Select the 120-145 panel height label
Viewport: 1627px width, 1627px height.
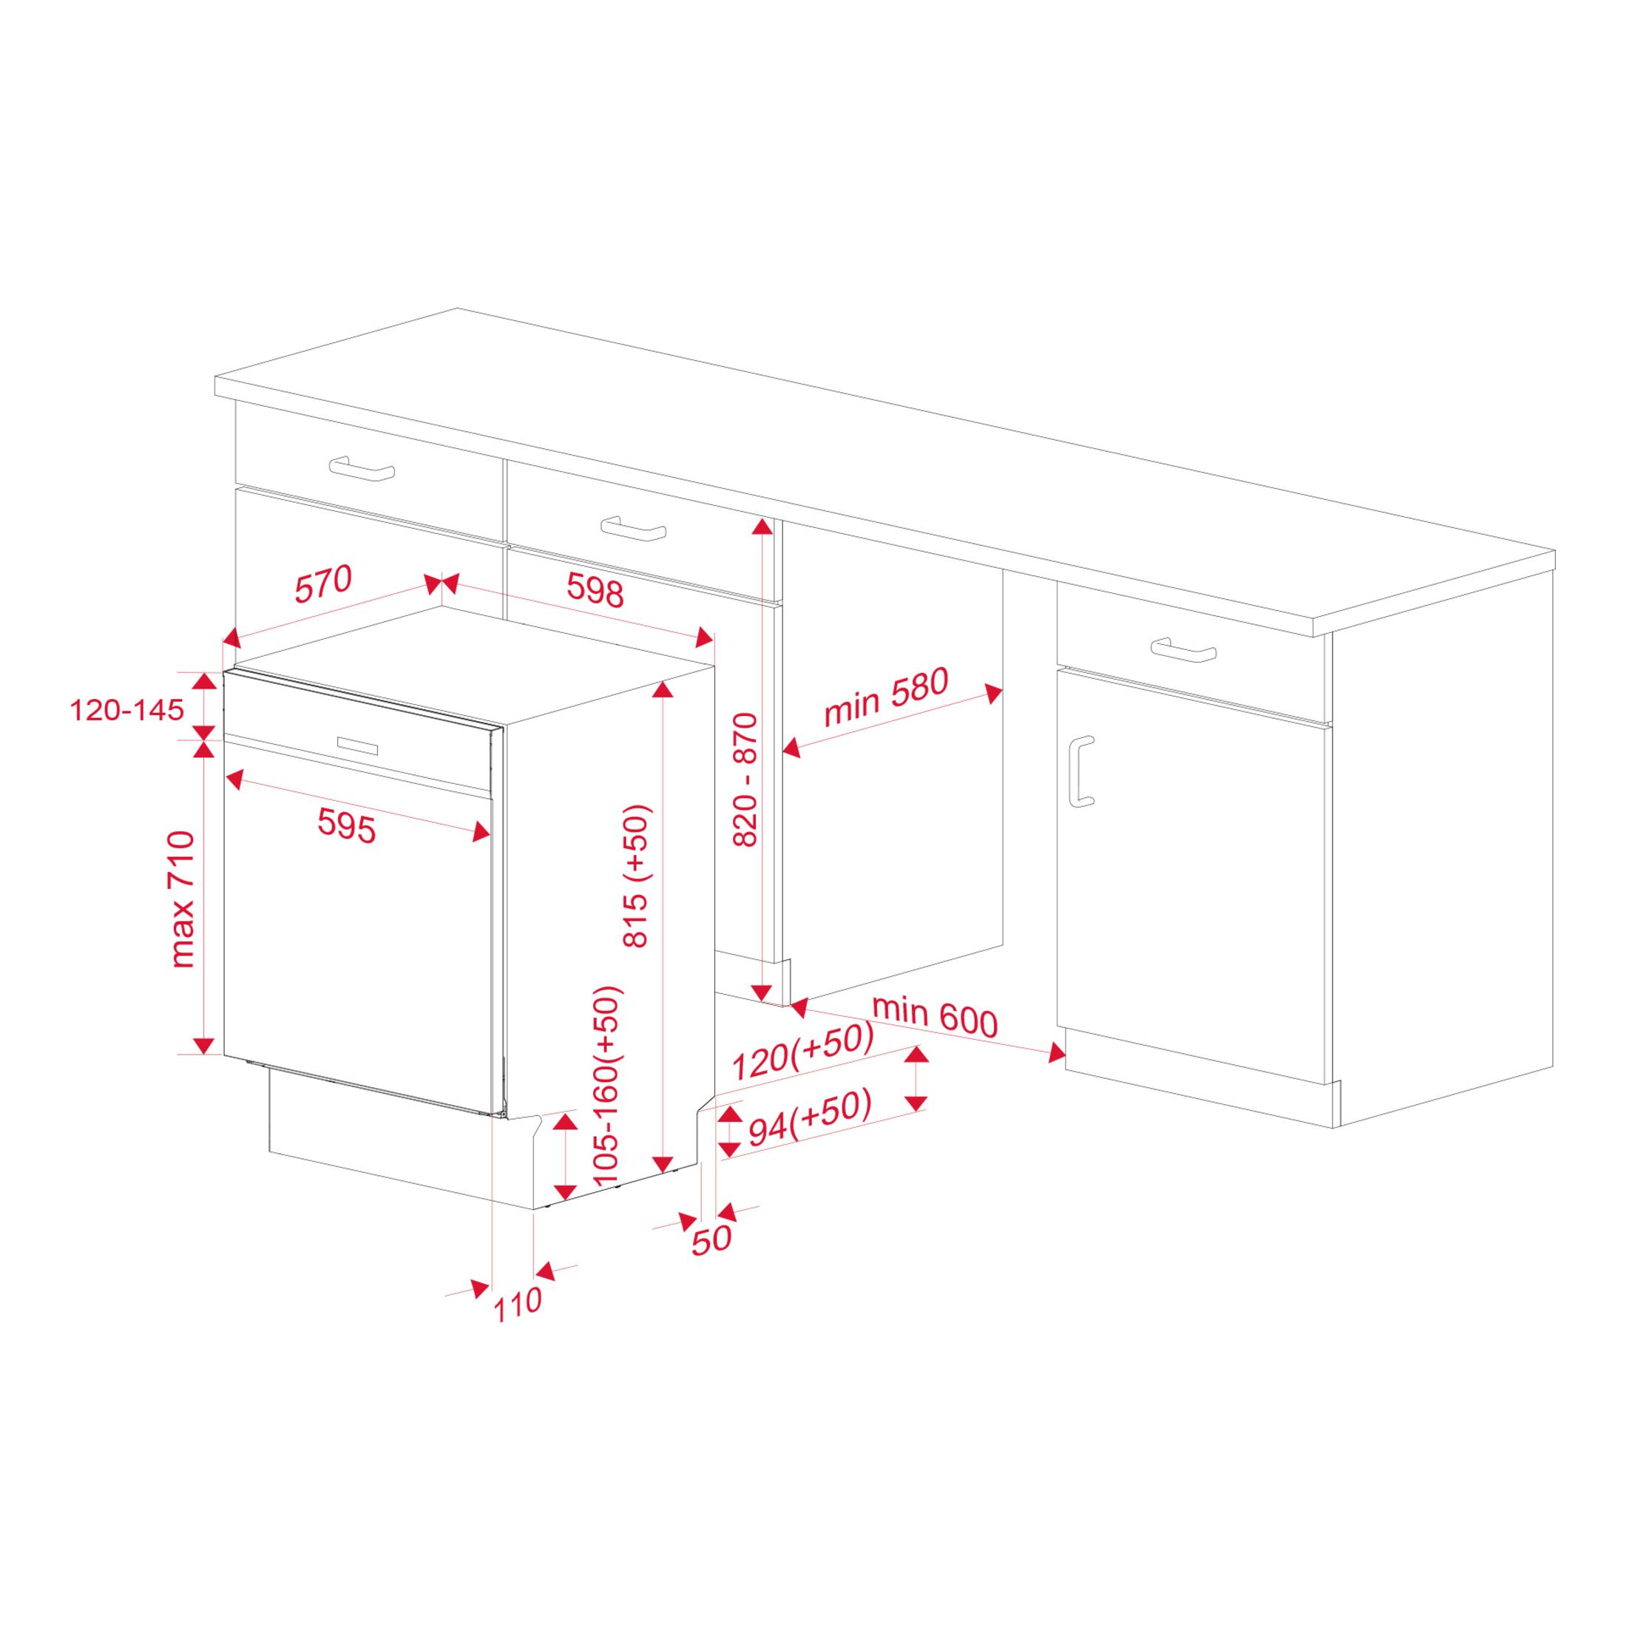click(126, 710)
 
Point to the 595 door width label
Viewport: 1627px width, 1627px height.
click(346, 825)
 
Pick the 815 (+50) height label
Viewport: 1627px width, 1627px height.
click(636, 876)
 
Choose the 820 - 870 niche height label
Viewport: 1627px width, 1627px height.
click(745, 779)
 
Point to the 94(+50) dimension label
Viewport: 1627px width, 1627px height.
click(809, 1118)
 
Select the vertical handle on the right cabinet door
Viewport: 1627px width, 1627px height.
click(1080, 771)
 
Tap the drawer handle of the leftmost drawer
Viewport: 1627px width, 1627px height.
click(362, 468)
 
